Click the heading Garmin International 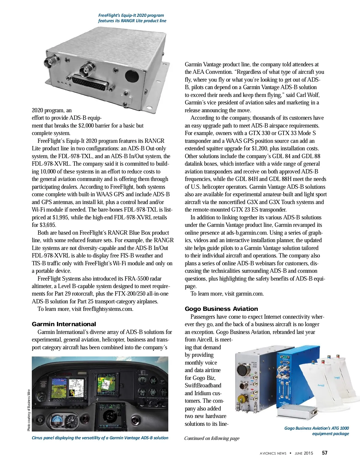(64, 324)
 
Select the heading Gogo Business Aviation (221, 309)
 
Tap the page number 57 (325, 453)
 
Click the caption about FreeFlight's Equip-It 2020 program (132, 18)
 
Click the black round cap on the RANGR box (132, 76)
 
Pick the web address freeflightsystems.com (108, 309)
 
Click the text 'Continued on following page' (212, 438)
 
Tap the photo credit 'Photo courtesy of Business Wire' (29, 410)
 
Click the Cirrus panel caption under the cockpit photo (100, 438)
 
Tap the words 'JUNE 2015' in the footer (304, 453)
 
